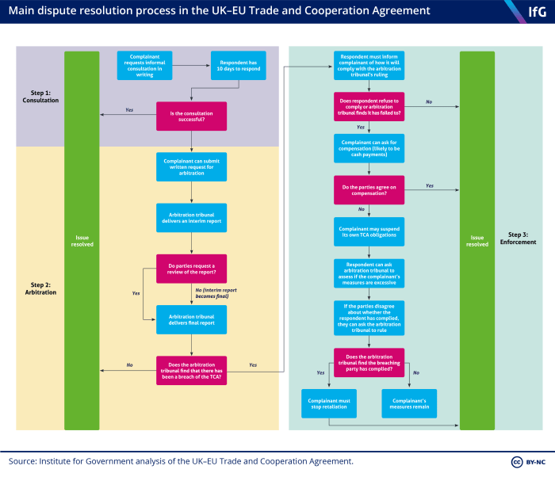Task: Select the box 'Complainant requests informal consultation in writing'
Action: [144, 66]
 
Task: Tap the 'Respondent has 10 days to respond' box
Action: [238, 66]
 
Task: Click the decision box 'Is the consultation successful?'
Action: [192, 115]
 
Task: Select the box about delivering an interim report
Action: [192, 218]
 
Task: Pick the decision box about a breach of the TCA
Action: [192, 369]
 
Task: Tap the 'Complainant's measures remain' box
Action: [408, 403]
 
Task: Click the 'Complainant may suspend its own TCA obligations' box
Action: [369, 232]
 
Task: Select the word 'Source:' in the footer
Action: [23, 461]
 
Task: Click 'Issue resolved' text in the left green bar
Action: [82, 240]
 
